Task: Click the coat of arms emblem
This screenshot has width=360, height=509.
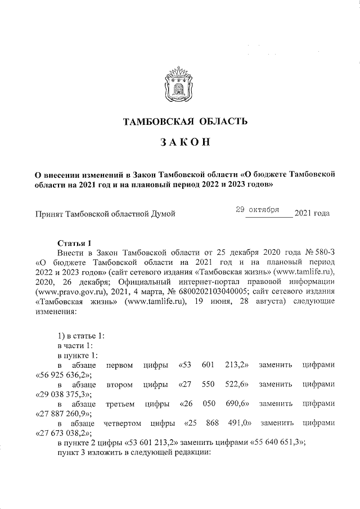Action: (x=179, y=84)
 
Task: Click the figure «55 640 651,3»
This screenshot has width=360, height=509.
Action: (x=276, y=443)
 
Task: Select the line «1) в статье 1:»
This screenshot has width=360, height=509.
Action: (x=80, y=336)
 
